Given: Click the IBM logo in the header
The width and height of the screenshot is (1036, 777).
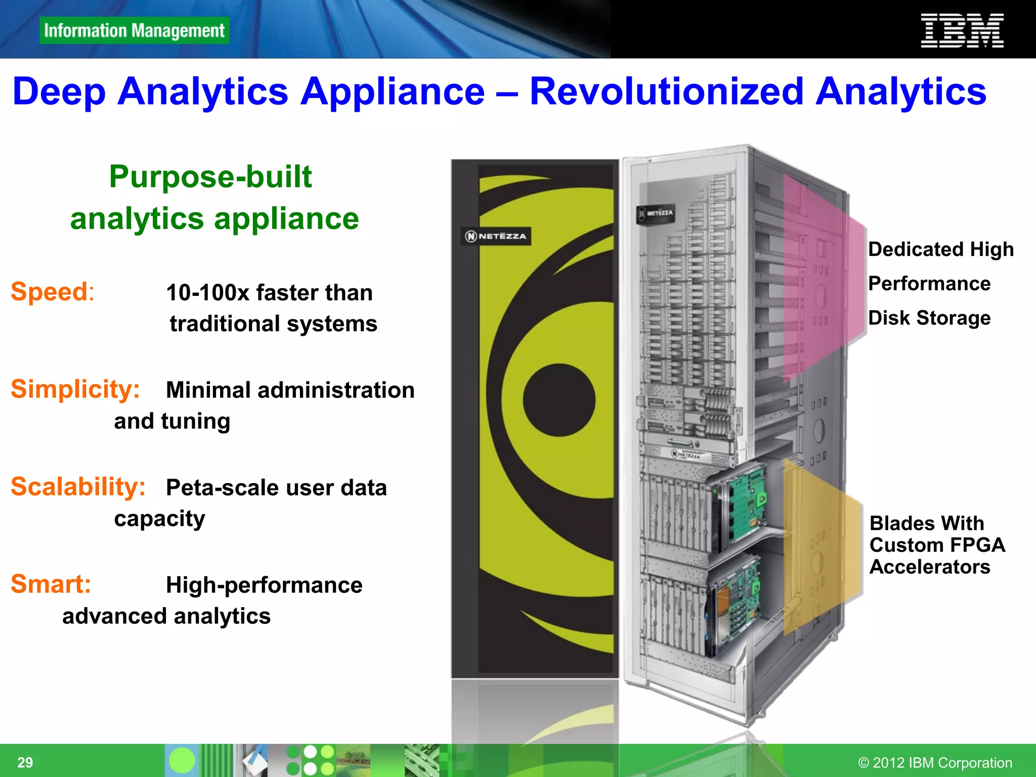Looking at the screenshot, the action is (x=962, y=31).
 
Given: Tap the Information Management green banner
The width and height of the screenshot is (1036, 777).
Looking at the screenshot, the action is (x=134, y=31).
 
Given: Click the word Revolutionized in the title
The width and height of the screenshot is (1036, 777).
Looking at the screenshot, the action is (x=666, y=92).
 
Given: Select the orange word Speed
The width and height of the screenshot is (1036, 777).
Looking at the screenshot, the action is (x=50, y=292).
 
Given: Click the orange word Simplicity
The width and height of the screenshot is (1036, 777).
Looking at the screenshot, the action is (x=75, y=390).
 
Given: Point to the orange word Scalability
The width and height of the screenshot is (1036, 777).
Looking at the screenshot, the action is (x=78, y=487).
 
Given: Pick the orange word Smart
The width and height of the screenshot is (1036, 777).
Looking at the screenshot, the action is (x=51, y=584).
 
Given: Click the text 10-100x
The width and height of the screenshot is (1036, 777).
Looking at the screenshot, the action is (x=207, y=293).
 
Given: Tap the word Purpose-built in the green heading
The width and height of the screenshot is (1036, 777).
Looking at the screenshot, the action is (x=210, y=177).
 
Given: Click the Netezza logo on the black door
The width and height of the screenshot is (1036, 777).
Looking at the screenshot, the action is (x=496, y=236).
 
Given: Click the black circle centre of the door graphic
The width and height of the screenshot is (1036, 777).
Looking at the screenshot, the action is (x=558, y=400).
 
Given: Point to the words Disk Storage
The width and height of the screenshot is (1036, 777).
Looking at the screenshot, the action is (x=929, y=318).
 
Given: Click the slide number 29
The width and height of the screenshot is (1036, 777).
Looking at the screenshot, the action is (x=25, y=762).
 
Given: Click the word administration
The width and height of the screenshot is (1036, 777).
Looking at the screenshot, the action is (x=336, y=391).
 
